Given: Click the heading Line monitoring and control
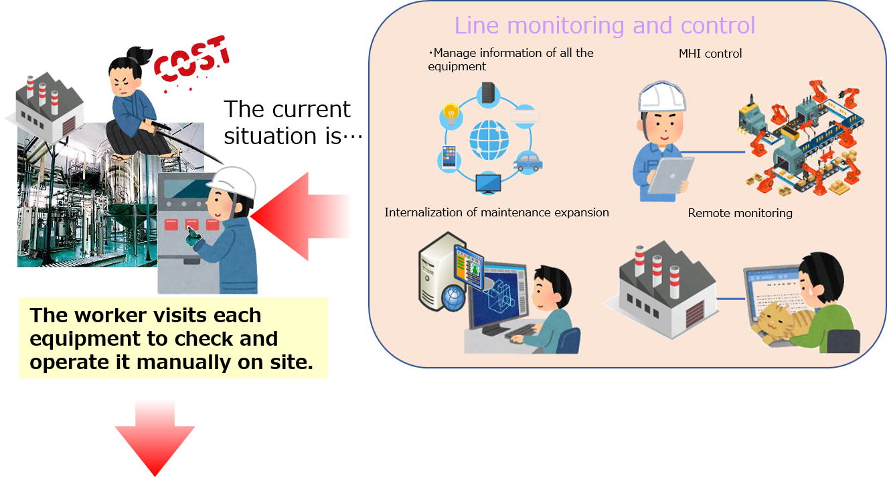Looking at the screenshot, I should [604, 25].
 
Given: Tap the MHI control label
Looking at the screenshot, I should [710, 54].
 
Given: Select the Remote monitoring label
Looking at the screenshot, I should [740, 213].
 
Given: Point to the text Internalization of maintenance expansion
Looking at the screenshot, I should [497, 212].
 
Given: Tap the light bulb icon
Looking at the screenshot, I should [451, 115].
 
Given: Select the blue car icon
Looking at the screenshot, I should [528, 161].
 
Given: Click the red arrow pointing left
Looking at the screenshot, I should [301, 216].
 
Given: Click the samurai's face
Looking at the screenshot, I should [124, 76].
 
